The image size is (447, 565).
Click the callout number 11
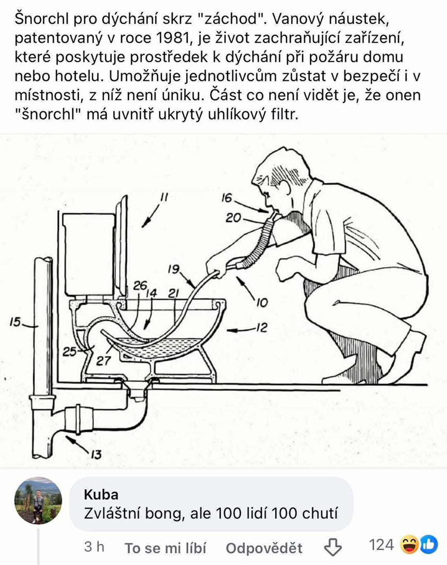[x=164, y=197]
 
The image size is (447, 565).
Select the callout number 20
[x=234, y=218]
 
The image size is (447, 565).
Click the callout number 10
[x=262, y=303]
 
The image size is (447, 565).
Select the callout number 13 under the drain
[x=96, y=454]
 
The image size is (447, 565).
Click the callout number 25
[x=70, y=351]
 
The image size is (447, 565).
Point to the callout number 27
[x=103, y=361]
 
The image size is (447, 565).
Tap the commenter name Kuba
[x=101, y=495]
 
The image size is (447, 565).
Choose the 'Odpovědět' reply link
[x=264, y=548]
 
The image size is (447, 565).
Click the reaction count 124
[x=382, y=545]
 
